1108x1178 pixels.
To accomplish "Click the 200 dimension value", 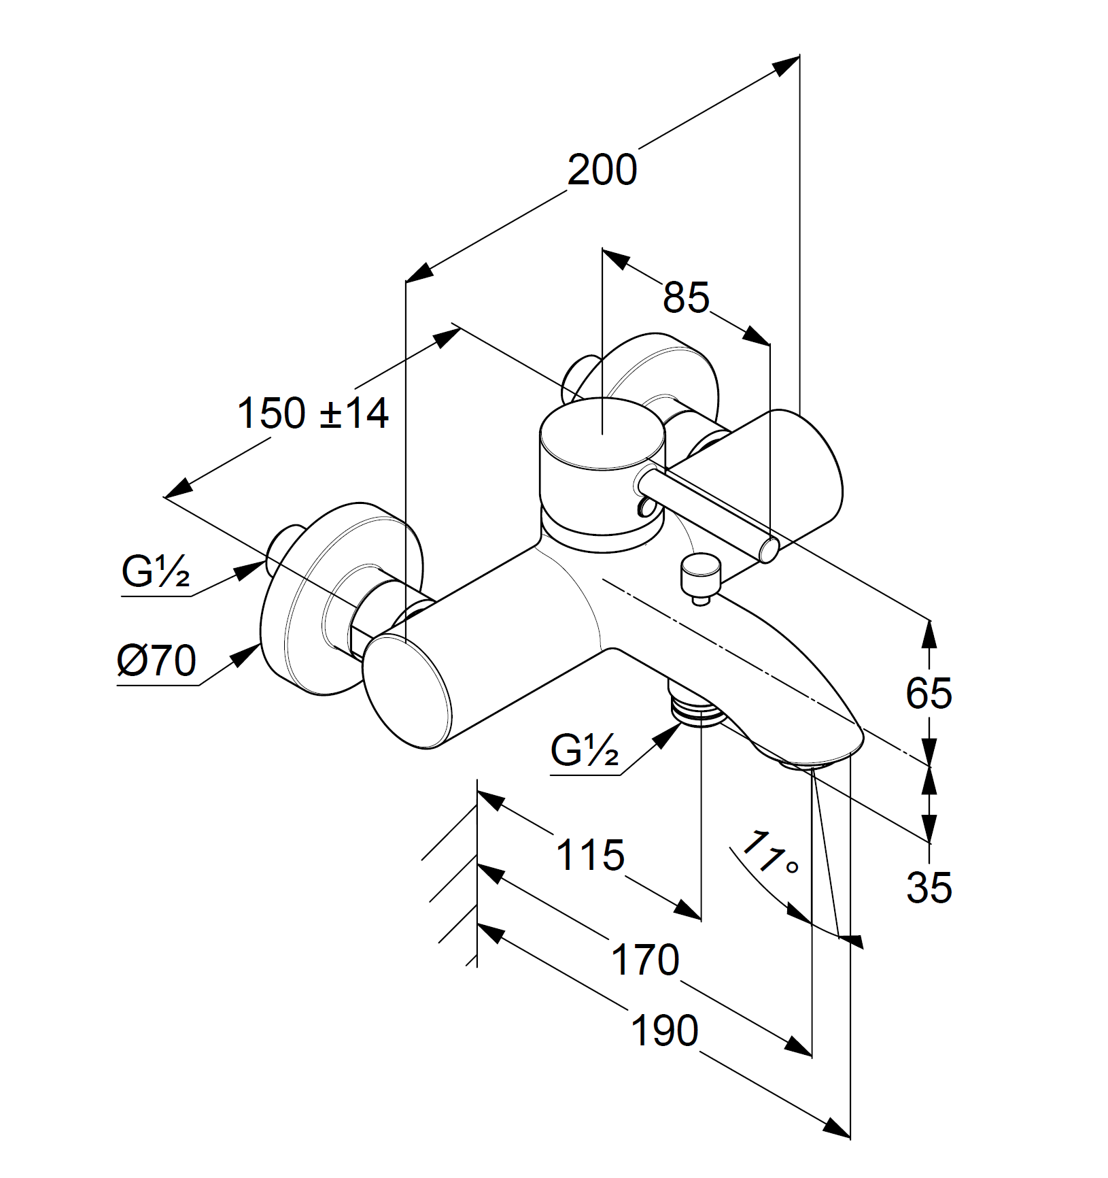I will [x=602, y=170].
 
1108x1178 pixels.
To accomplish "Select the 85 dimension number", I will [x=686, y=297].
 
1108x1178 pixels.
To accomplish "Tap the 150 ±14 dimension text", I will [x=313, y=413].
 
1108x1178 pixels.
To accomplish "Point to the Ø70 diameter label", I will [x=157, y=660].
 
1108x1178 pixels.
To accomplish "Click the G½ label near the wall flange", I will [x=156, y=572].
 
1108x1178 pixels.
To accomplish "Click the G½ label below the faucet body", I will [x=585, y=751].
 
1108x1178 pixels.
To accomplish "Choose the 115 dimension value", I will [x=590, y=855].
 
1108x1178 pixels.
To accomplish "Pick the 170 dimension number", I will [x=645, y=959].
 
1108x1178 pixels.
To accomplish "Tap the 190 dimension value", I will [x=664, y=1030].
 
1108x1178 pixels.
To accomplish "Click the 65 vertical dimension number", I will [x=929, y=694].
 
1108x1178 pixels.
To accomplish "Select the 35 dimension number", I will [x=929, y=888].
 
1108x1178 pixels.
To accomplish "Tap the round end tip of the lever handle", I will [x=769, y=549].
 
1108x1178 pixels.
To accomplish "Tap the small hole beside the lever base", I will [x=642, y=506].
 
